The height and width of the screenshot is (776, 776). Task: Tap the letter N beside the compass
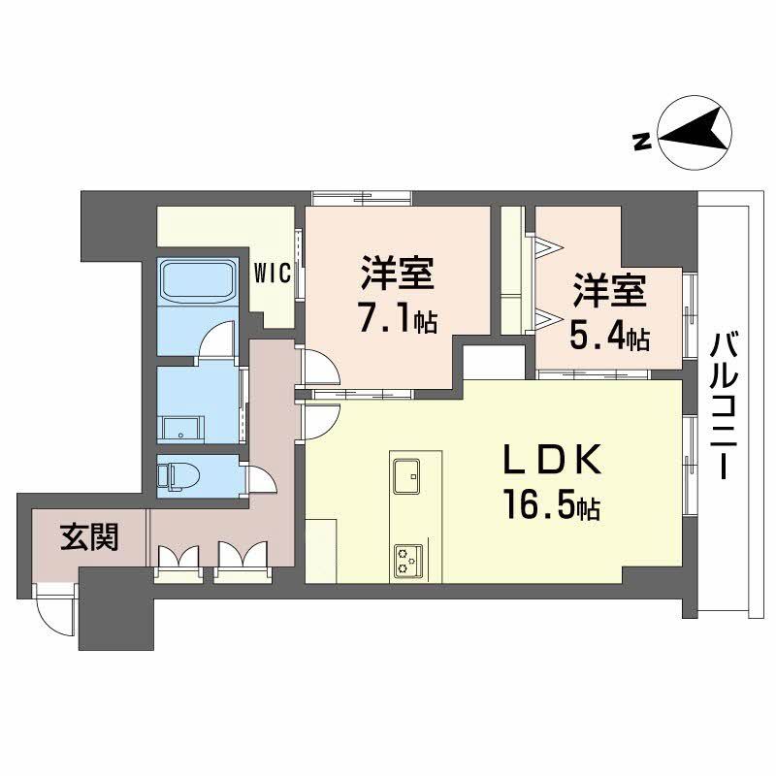640,143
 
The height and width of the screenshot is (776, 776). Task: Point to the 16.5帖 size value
550,506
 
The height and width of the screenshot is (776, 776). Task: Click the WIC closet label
273,274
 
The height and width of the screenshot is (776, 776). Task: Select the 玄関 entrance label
89,536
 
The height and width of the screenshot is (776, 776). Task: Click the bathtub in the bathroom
199,281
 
